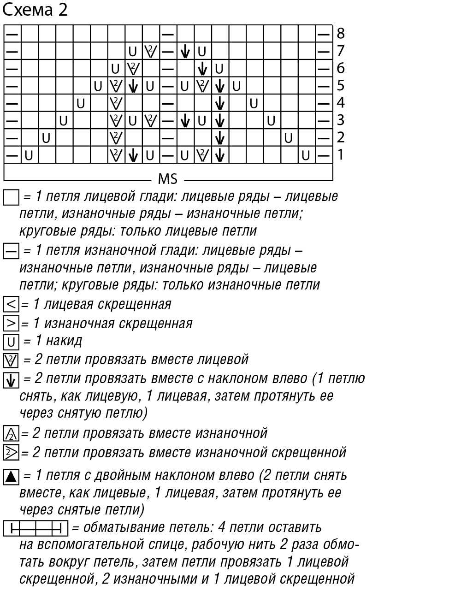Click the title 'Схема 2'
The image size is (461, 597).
35,9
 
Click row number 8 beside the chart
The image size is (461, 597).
341,33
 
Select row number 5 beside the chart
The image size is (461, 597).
341,85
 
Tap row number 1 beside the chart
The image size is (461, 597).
341,154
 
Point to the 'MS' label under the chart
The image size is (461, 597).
167,178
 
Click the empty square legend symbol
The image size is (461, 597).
11,198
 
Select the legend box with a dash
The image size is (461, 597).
11,252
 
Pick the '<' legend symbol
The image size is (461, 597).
11,304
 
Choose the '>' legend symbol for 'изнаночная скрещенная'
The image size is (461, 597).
11,323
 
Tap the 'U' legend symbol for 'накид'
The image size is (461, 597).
11,342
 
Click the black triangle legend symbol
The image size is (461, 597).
11,476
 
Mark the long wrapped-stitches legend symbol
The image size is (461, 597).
35,527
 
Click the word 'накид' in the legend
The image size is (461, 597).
65,341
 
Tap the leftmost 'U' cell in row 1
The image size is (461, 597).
30,155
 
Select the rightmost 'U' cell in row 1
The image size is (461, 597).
306,155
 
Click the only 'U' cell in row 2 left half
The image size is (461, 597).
47,137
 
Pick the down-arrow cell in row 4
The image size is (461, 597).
220,103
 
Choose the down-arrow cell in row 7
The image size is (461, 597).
185,51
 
